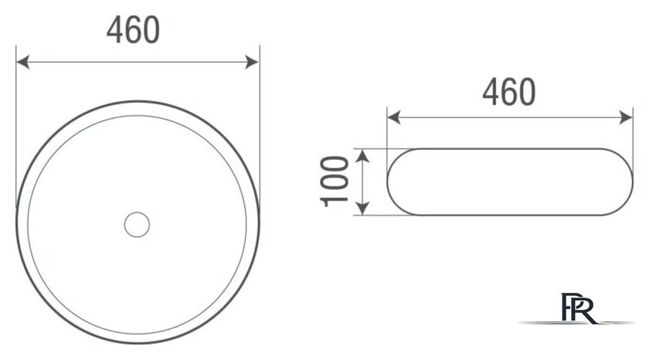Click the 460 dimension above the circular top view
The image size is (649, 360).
[133, 30]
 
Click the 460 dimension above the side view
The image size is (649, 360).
[508, 93]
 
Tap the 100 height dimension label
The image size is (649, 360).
[334, 181]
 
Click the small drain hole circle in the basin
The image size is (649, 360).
[137, 224]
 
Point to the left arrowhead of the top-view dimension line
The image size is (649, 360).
[22, 62]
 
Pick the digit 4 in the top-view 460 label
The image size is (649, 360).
[114, 30]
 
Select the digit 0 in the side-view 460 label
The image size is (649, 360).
[526, 93]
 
